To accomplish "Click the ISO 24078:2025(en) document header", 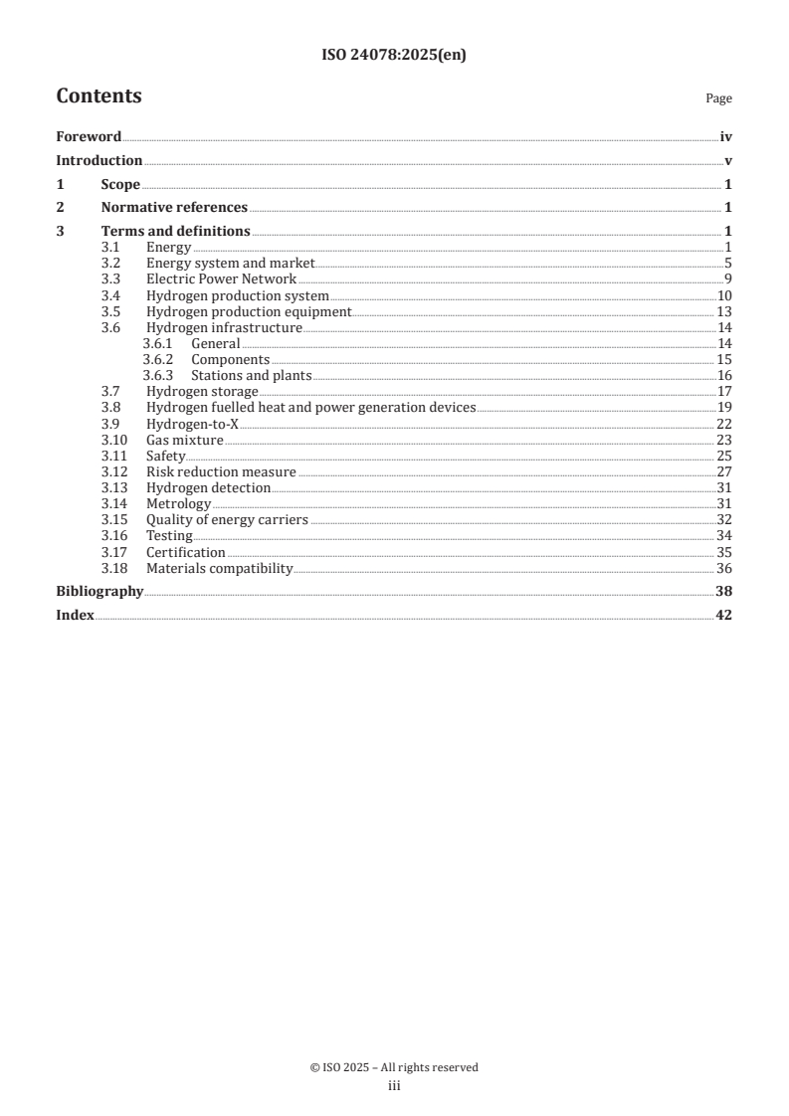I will pyautogui.click(x=394, y=56).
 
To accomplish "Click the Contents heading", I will pyautogui.click(x=99, y=96).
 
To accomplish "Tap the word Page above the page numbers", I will pyautogui.click(x=718, y=98).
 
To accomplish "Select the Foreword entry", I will pyautogui.click(x=89, y=137).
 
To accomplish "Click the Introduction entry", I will pyautogui.click(x=99, y=160).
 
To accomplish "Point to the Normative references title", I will pyautogui.click(x=174, y=208).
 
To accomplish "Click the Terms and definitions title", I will pyautogui.click(x=175, y=232).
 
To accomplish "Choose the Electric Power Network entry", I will pyautogui.click(x=221, y=279).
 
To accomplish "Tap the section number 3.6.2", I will pyautogui.click(x=157, y=359).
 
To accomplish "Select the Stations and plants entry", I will pyautogui.click(x=252, y=375).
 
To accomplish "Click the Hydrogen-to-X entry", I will pyautogui.click(x=192, y=423).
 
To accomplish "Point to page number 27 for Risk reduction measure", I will pyautogui.click(x=724, y=471).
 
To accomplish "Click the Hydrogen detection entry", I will pyautogui.click(x=208, y=487).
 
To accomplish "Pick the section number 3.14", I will pyautogui.click(x=115, y=503).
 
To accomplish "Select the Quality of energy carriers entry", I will pyautogui.click(x=227, y=519).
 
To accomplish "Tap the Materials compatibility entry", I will pyautogui.click(x=219, y=568).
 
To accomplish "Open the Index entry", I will pyautogui.click(x=75, y=616).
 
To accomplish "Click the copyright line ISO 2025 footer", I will pyautogui.click(x=394, y=1067).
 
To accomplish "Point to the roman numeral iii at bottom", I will pyautogui.click(x=394, y=1086).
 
